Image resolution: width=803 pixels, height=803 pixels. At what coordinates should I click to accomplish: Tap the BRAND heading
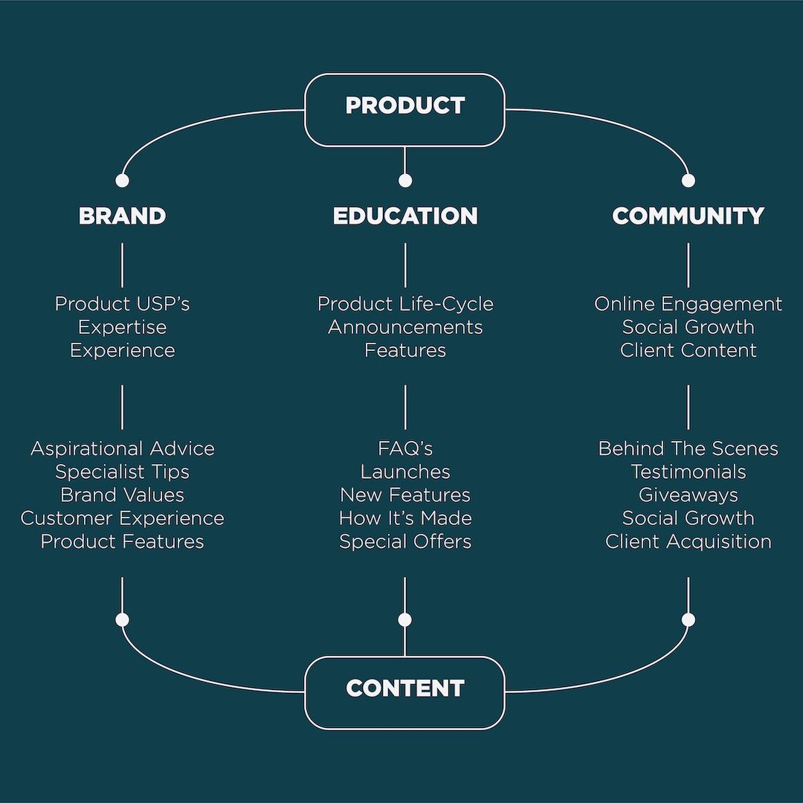click(122, 216)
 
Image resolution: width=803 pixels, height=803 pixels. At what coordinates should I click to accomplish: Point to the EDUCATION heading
click(405, 216)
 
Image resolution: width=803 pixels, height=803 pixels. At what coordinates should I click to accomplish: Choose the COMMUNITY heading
click(688, 216)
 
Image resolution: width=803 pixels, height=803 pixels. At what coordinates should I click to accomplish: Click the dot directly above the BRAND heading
click(122, 181)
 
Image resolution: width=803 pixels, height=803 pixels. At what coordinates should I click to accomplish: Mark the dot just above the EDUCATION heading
click(405, 181)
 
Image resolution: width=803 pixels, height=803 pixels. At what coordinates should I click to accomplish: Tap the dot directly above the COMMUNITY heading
click(688, 181)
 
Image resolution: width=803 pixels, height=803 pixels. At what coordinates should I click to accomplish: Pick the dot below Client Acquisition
click(688, 619)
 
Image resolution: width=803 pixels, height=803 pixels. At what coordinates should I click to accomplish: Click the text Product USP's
click(122, 304)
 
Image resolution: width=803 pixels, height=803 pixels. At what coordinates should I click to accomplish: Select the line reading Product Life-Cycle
click(405, 304)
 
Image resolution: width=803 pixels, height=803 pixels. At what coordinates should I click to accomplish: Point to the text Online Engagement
click(688, 304)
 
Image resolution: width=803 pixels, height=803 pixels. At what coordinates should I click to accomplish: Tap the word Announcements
click(405, 327)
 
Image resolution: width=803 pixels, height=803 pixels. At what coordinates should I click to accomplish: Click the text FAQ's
click(405, 448)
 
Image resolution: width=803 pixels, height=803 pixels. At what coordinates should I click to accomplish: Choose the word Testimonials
click(688, 471)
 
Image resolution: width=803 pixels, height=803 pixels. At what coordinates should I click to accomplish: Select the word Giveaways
click(688, 495)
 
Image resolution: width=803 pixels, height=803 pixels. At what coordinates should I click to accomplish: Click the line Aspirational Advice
click(122, 448)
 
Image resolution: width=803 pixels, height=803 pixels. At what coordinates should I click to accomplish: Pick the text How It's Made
click(405, 518)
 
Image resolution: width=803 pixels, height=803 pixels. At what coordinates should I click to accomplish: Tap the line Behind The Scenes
click(688, 448)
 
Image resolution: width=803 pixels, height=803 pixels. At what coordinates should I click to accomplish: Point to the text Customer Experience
click(122, 518)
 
